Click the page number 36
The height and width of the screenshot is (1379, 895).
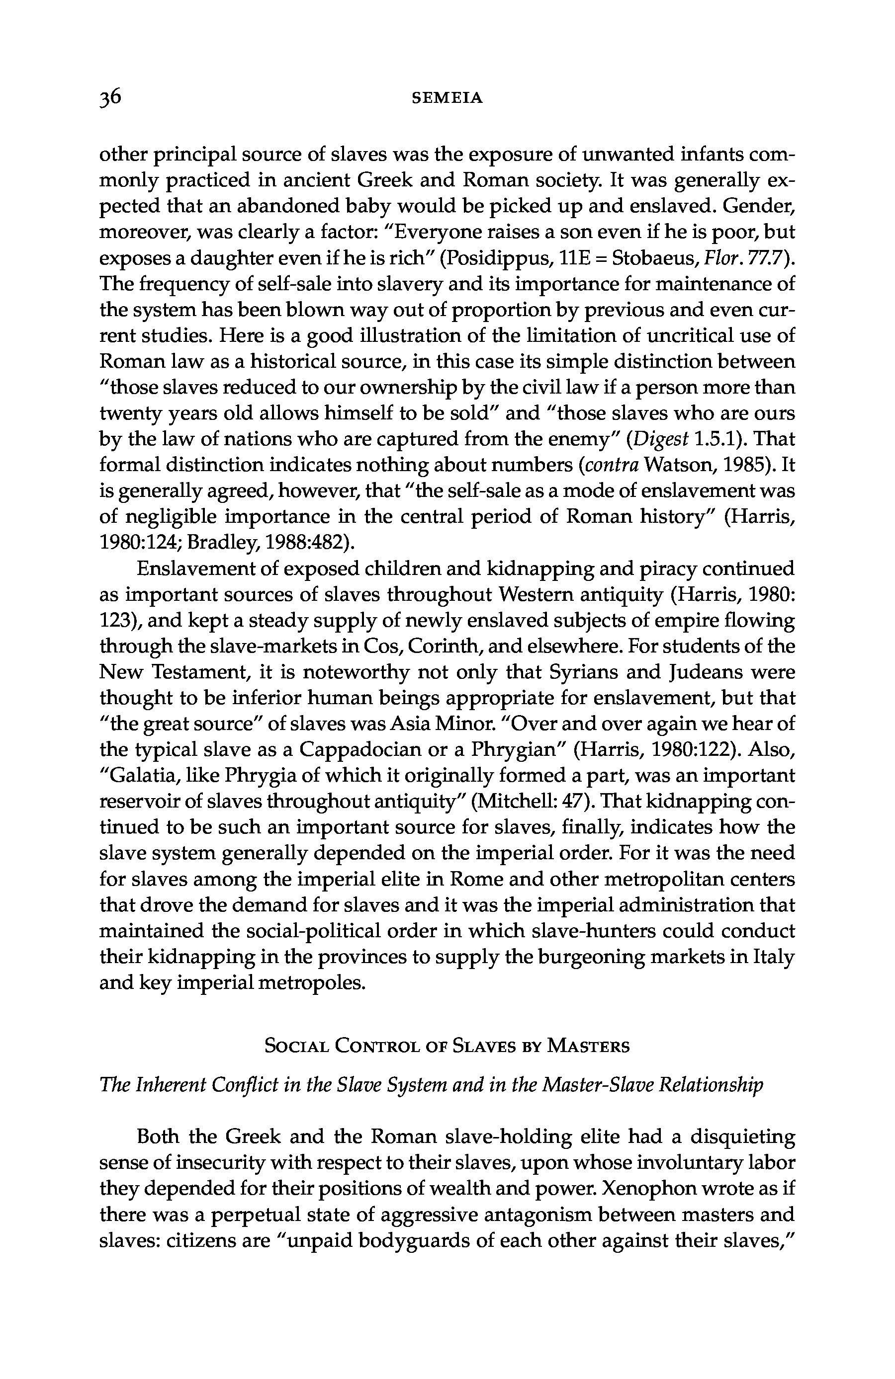point(110,97)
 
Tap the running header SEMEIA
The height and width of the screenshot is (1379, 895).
point(447,98)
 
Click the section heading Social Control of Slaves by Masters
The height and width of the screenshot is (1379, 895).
point(447,1047)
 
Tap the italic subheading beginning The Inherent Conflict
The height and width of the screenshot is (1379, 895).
point(431,1084)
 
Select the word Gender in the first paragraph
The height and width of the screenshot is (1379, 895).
point(758,206)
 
